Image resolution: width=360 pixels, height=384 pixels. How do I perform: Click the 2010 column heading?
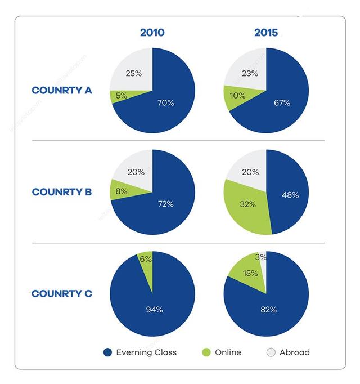click(152, 32)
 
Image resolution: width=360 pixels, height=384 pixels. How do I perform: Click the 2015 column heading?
click(266, 32)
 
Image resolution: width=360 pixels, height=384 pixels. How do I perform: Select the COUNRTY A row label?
click(62, 90)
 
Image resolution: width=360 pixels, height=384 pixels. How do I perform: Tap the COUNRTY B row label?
click(62, 192)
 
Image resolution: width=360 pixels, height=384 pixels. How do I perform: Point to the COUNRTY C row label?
click(62, 294)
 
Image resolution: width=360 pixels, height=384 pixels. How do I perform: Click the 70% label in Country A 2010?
click(166, 103)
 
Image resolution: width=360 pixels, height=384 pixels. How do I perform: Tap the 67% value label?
click(282, 103)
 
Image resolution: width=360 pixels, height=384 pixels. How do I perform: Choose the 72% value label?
click(165, 204)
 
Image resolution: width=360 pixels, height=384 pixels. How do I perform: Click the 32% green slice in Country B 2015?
click(247, 204)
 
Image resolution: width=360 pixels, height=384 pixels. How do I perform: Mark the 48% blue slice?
click(290, 194)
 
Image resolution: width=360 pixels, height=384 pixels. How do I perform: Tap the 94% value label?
click(154, 309)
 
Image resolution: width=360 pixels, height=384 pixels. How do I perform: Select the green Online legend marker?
click(205, 352)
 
